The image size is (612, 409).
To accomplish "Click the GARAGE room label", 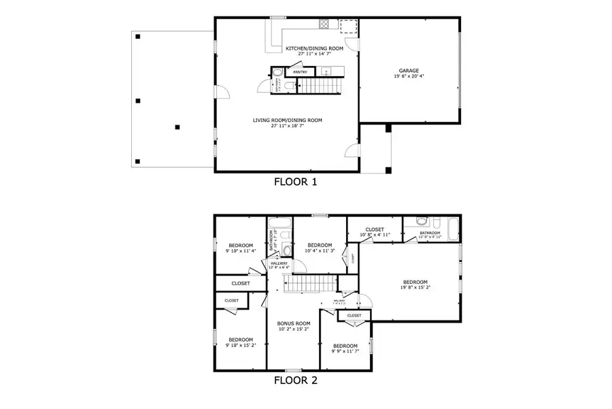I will (409, 70).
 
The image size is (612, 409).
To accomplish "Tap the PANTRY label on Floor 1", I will (301, 72).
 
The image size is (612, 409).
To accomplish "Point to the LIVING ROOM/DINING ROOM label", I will (287, 120).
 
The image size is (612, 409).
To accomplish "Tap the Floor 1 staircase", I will (320, 86).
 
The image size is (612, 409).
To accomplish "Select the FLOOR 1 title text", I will (295, 182).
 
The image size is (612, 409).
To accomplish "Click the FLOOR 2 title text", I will (295, 381).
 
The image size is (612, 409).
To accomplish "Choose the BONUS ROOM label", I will (294, 323).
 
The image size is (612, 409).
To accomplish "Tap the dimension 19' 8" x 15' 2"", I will (415, 287).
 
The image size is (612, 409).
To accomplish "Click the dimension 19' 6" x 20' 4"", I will (409, 76).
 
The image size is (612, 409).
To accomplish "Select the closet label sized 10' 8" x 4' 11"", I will (375, 229).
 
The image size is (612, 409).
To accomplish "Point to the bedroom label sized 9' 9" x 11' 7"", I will (345, 345).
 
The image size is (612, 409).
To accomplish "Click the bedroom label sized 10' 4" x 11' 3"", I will (320, 245).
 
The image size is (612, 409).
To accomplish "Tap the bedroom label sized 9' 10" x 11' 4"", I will (241, 245).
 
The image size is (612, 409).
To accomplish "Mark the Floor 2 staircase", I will (310, 284).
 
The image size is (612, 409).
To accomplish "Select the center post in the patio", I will (177, 127).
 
